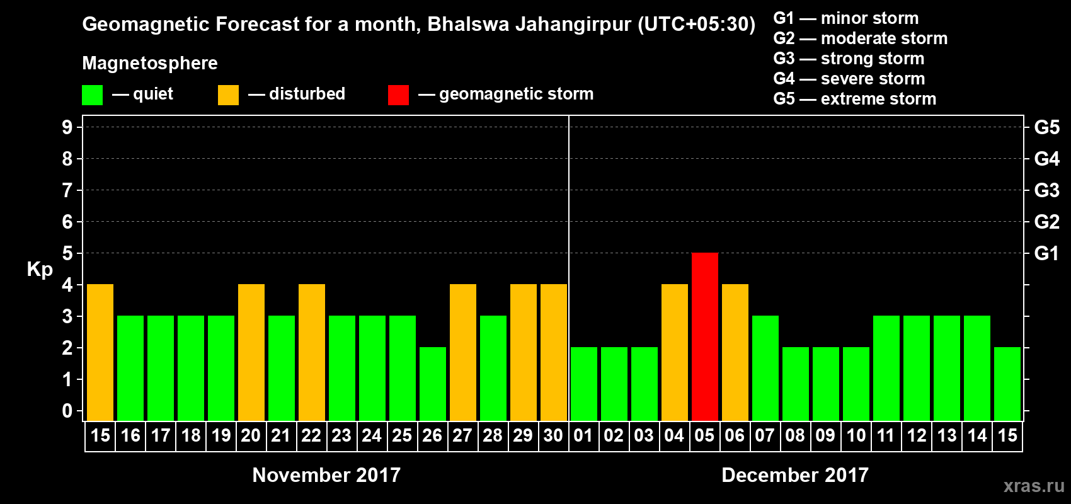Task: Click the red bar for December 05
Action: coord(704,336)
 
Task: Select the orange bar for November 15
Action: coord(100,352)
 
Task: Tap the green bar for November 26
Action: coord(433,384)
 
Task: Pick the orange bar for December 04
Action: coord(674,352)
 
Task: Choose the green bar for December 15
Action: coord(1007,384)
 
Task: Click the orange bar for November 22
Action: coord(312,352)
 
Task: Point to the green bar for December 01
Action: coord(583,384)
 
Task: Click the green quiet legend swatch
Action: coord(92,95)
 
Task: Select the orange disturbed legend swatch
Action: coord(228,95)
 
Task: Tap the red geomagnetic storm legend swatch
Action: coord(398,95)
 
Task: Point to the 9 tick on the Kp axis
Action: coord(67,127)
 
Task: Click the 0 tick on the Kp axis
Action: coord(67,411)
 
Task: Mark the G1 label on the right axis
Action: coord(1046,253)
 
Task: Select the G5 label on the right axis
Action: coord(1046,127)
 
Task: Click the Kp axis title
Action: coord(40,270)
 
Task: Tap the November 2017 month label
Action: coord(326,475)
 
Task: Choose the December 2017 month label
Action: coord(794,475)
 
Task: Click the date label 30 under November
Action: coord(553,436)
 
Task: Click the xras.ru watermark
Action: coord(1033,486)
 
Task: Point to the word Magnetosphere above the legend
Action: coord(150,63)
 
